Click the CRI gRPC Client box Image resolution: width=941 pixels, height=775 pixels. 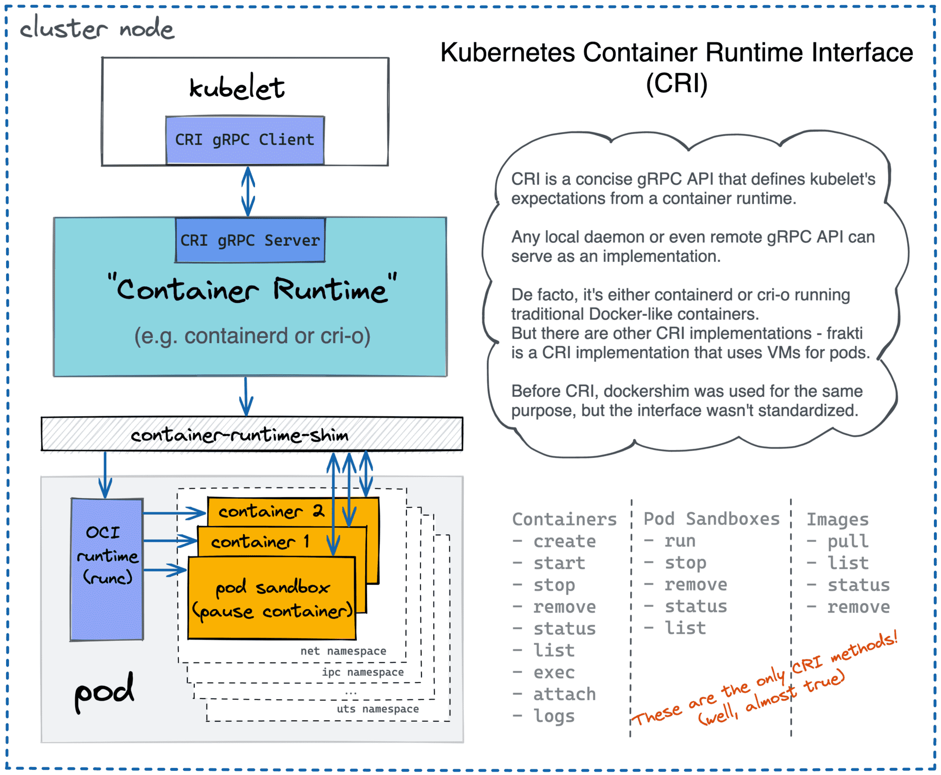[245, 140]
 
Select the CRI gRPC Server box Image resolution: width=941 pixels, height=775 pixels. [250, 240]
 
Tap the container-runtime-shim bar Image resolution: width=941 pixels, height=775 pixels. [240, 435]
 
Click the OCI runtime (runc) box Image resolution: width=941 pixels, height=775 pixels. [107, 569]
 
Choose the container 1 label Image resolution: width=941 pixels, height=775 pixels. [260, 542]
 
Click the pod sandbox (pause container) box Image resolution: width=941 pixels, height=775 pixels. [271, 598]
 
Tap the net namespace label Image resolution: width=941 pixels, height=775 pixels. [343, 651]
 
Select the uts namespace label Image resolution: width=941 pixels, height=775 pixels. [377, 709]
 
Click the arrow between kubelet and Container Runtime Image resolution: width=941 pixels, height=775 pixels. [248, 191]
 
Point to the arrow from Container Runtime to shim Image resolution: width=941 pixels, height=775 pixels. [246, 396]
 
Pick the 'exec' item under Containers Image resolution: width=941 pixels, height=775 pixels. [554, 672]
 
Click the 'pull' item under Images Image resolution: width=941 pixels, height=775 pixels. [848, 541]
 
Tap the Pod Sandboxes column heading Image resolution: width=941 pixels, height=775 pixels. [711, 518]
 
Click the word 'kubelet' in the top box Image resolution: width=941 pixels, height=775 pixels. [237, 88]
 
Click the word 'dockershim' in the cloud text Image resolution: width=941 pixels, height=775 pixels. [642, 391]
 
